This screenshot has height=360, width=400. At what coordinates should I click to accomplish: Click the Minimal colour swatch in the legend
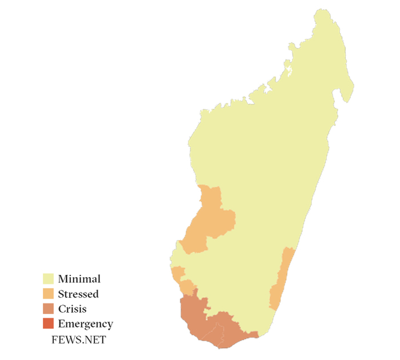49,279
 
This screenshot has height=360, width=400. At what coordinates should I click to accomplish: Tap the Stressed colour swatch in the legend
49,294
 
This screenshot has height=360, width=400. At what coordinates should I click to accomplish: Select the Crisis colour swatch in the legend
49,309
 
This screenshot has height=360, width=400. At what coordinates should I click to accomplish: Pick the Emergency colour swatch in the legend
49,324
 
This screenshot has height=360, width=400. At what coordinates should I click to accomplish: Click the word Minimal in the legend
79,279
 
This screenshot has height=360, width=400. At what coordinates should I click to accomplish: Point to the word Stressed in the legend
78,294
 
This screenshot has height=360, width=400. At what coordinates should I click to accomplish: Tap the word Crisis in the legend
73,309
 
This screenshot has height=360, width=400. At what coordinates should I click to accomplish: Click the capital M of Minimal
62,279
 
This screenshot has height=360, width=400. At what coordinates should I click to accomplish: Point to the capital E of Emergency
61,324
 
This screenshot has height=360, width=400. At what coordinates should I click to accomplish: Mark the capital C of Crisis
61,309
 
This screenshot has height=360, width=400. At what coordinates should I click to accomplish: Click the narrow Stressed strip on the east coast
280,280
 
